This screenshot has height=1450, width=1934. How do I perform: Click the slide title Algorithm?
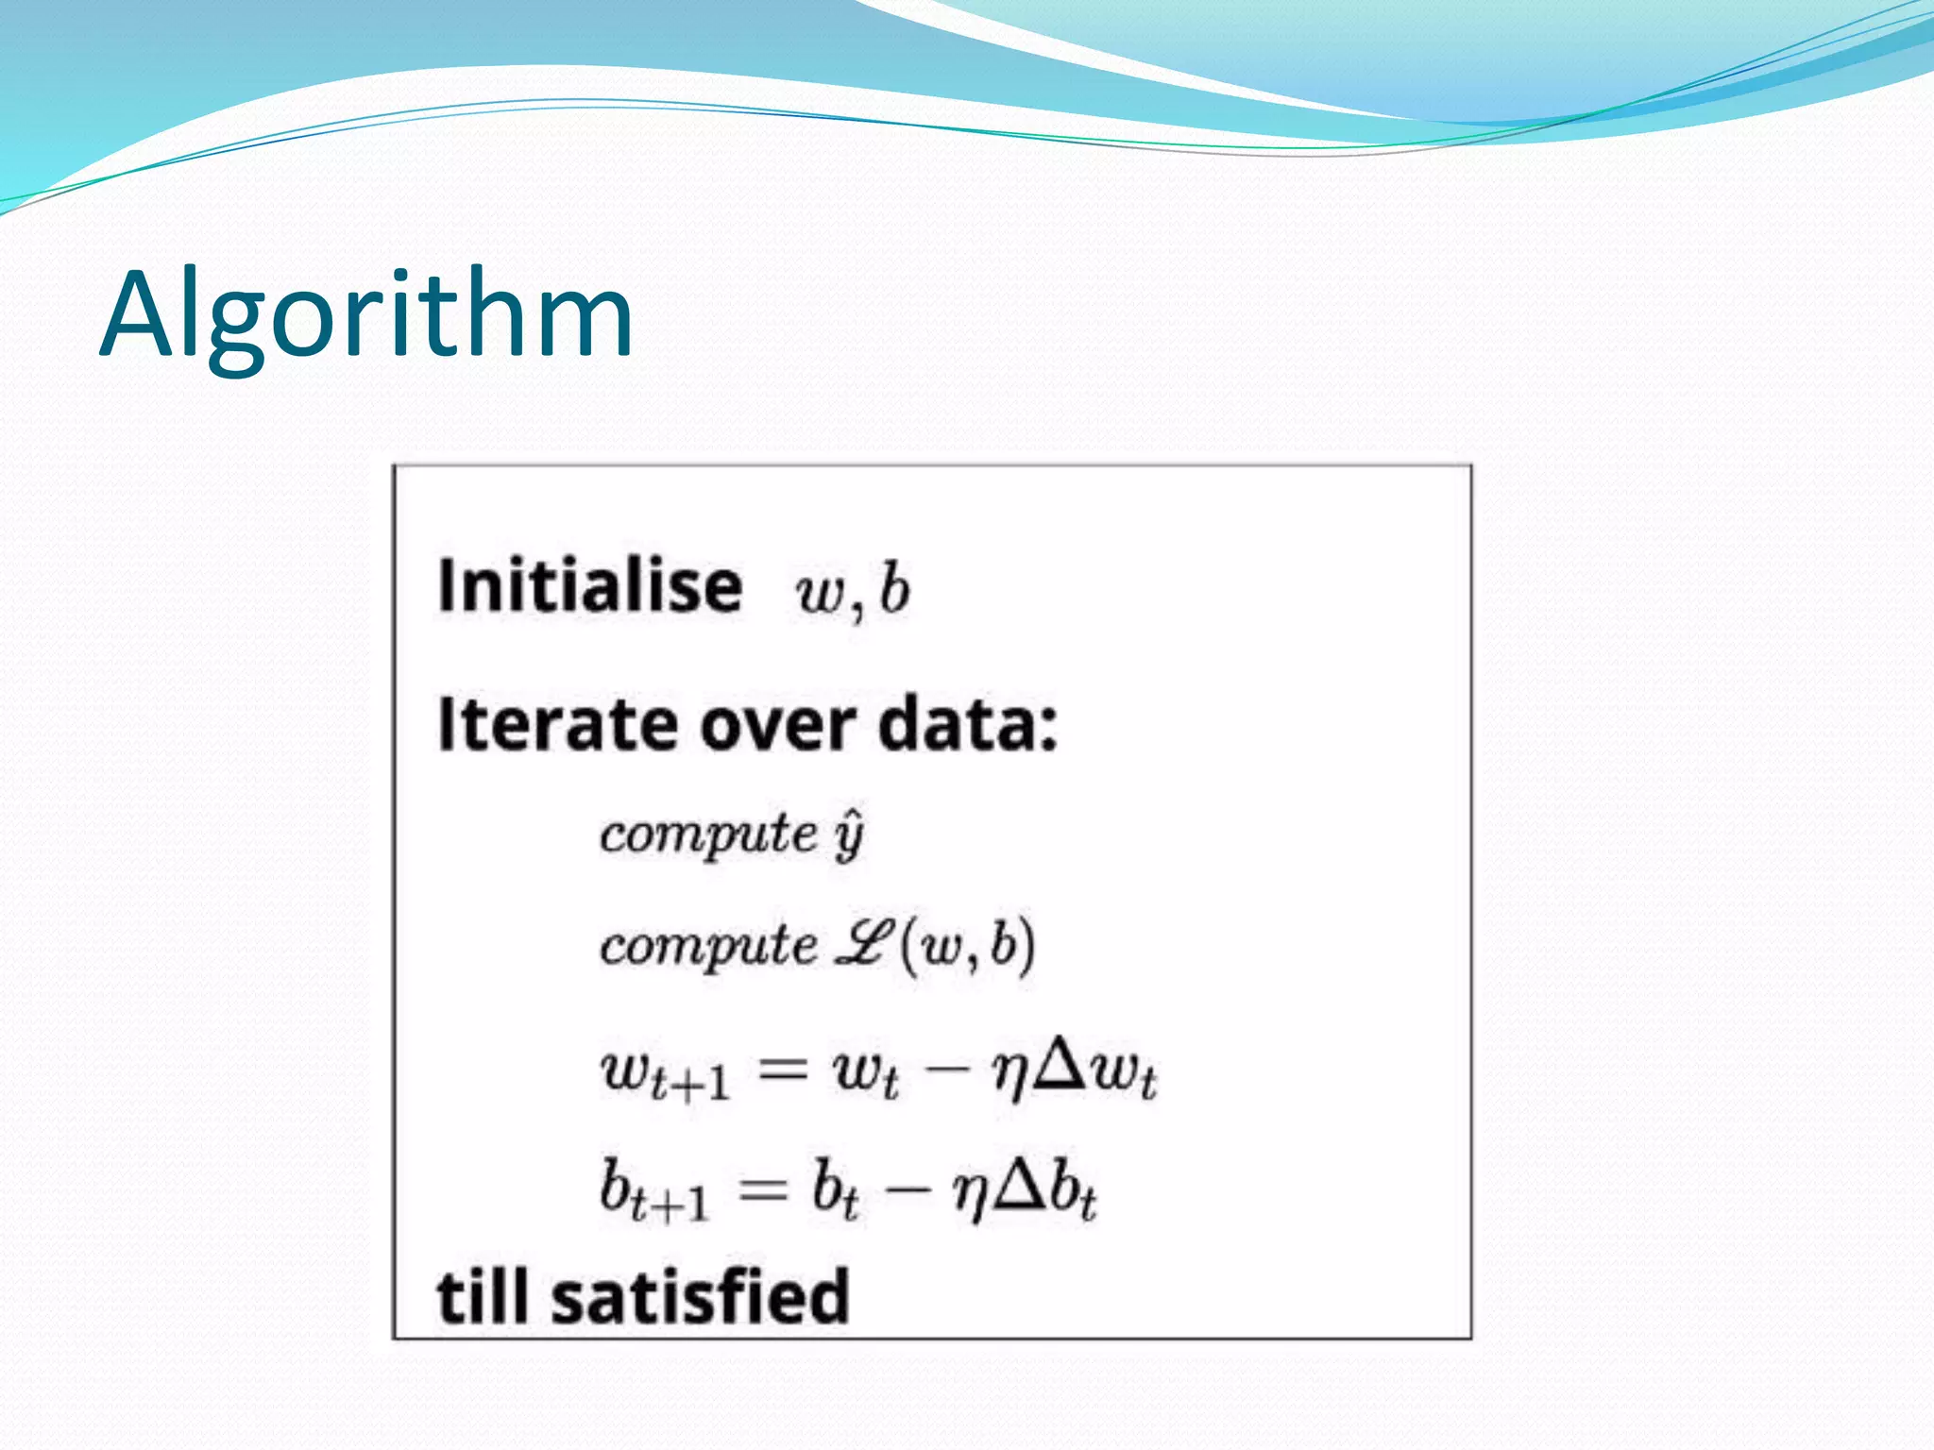click(366, 316)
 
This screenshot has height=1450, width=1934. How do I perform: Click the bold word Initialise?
click(590, 586)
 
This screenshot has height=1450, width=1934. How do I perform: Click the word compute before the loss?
click(708, 946)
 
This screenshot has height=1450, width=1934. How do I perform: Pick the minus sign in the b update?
click(907, 1189)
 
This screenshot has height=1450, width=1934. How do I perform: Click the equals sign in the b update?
click(763, 1189)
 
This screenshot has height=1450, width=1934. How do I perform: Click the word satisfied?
click(701, 1297)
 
